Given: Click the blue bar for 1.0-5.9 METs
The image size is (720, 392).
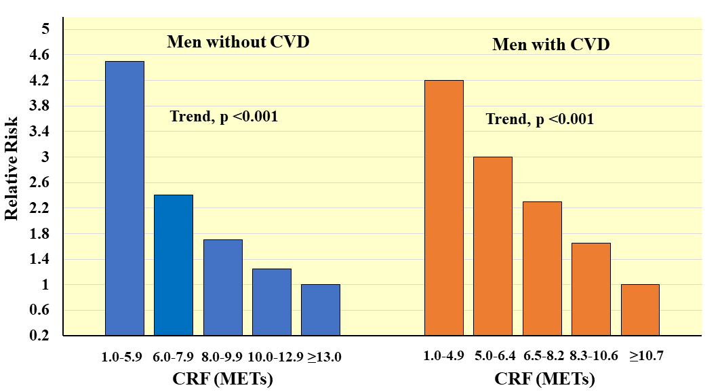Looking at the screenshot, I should coord(125,198).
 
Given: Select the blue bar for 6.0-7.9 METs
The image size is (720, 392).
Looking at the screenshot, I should coord(174,265).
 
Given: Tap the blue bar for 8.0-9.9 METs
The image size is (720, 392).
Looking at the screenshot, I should coord(223,288).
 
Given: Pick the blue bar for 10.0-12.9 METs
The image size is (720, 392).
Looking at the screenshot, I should coord(272,302).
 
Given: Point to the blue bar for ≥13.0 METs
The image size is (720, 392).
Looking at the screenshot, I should coord(321,310).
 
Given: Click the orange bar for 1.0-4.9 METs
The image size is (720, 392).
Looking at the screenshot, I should coord(444,208).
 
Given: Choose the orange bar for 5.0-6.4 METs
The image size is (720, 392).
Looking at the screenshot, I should coord(493,246).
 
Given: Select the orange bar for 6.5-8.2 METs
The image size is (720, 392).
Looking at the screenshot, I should coord(542,269).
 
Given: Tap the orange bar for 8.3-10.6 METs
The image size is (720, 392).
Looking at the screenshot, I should coord(591,289).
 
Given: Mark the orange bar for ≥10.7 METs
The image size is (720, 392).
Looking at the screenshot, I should coord(640,310).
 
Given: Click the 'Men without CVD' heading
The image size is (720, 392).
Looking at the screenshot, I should coord(238,42).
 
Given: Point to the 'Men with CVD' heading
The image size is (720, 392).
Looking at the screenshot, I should coord(551,45).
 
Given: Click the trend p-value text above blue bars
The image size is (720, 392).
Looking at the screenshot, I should coord(224,117).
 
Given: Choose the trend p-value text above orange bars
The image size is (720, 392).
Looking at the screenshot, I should coord(540,119).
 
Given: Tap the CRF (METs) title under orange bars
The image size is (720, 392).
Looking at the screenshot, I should coord(544,379).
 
